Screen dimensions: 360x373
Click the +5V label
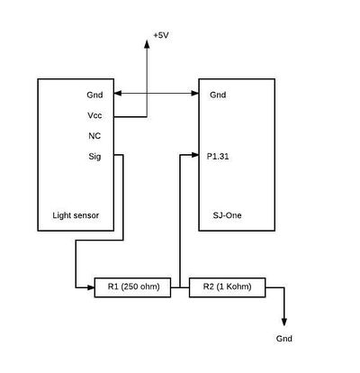click(161, 35)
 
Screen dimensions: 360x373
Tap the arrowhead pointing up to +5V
click(147, 44)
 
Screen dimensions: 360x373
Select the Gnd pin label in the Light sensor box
click(94, 95)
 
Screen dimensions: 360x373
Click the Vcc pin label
click(94, 115)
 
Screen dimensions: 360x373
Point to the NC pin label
click(94, 136)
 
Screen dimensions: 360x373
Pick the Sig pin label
click(94, 157)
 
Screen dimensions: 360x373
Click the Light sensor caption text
click(76, 215)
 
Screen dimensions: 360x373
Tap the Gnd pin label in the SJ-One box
click(218, 95)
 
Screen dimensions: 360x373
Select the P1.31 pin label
click(218, 157)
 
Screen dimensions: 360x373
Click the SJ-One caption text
click(227, 215)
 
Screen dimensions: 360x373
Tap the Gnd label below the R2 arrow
click(284, 339)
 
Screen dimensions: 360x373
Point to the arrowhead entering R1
click(91, 287)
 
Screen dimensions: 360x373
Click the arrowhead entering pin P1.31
click(195, 155)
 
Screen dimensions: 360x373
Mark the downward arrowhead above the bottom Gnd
click(284, 322)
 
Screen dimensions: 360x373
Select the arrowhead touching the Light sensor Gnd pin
click(118, 94)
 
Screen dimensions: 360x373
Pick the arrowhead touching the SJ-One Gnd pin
click(195, 94)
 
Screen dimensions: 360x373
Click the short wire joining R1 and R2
click(180, 287)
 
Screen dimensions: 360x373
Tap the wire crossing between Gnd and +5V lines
click(147, 94)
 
